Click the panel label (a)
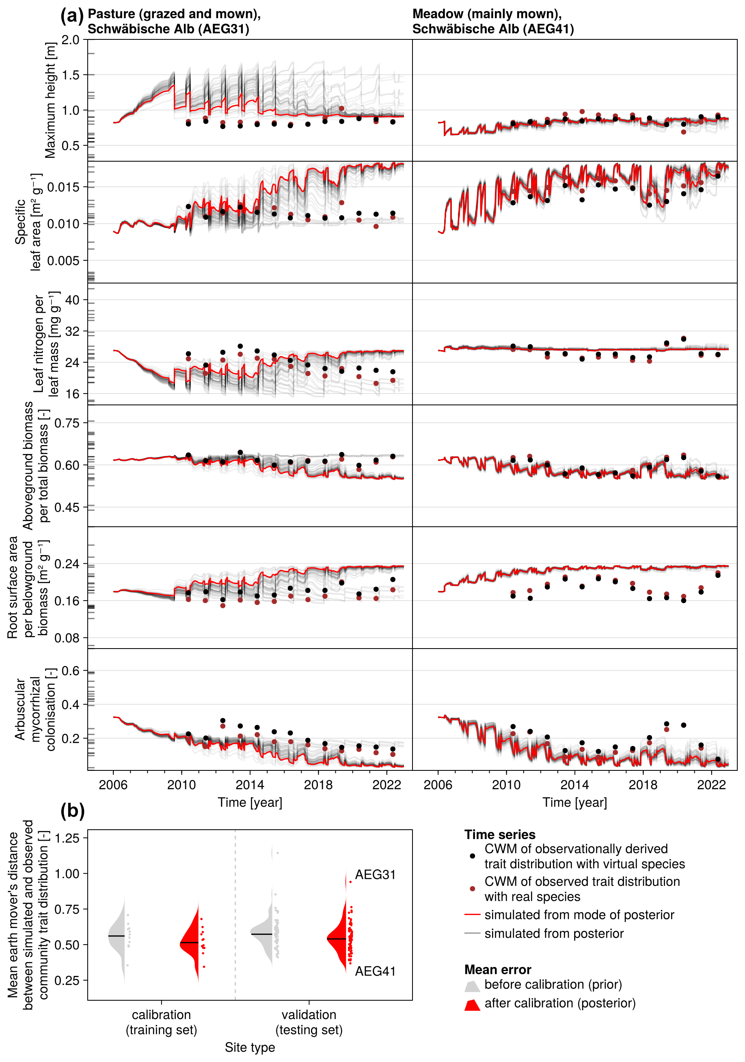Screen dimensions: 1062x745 click(x=72, y=16)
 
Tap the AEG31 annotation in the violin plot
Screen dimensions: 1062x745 click(x=375, y=875)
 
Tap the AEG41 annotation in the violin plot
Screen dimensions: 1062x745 click(x=375, y=971)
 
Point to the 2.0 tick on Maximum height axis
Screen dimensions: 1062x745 click(x=70, y=40)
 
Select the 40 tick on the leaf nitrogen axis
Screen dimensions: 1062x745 click(x=72, y=300)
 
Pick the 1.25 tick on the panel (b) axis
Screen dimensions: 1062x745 click(x=67, y=838)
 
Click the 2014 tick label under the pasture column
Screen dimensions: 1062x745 click(x=250, y=785)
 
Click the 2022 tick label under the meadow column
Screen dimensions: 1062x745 click(x=711, y=785)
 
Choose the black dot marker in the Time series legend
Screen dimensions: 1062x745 click(x=472, y=856)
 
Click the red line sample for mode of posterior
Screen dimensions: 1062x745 click(x=472, y=915)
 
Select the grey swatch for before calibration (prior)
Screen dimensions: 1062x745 click(x=472, y=986)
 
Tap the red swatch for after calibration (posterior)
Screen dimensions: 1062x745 click(x=472, y=1005)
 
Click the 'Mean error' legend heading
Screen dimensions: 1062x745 click(x=498, y=969)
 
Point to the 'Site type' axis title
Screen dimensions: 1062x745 click(x=250, y=1047)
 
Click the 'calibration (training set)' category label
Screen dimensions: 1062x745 click(x=162, y=1022)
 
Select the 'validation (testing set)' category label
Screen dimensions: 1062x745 click(x=309, y=1022)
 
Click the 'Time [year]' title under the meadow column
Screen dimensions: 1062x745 click(x=574, y=802)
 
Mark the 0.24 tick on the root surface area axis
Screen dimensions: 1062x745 click(x=67, y=564)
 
